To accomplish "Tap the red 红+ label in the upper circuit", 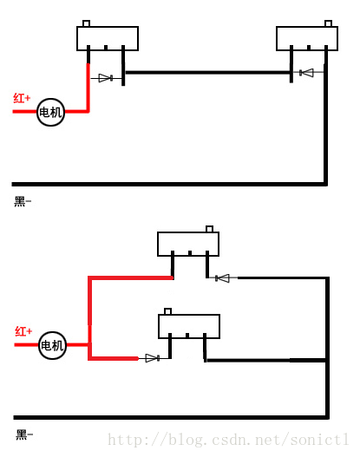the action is coord(22,98).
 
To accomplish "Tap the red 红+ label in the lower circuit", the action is coord(23,331).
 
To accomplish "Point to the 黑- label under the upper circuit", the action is coord(23,201).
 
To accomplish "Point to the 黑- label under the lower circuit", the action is coord(24,434).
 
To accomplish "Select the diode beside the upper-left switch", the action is coord(106,78).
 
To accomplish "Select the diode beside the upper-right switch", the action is coord(306,73).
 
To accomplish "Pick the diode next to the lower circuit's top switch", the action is coord(222,278).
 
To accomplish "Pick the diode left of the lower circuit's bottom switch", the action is coord(153,358).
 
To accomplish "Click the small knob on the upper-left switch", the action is coord(86,23).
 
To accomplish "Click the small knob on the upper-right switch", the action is coord(328,23).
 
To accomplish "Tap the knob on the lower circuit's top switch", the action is coord(209,229).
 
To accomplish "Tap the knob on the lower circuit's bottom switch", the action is coord(167,311).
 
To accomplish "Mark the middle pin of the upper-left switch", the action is coord(106,48).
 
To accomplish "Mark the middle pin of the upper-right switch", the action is coord(309,48).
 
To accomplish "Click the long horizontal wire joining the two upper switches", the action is coord(207,72).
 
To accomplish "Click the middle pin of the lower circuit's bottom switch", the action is coord(187,336).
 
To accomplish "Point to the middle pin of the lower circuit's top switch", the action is coord(190,253).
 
